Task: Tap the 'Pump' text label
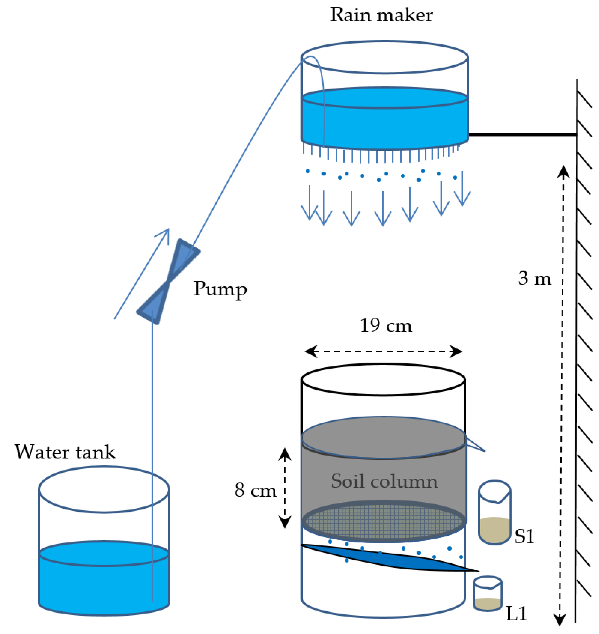point(220,289)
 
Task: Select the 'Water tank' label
point(65,452)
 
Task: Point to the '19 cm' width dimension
point(386,326)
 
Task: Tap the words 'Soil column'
point(384,481)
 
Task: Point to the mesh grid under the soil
point(383,521)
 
